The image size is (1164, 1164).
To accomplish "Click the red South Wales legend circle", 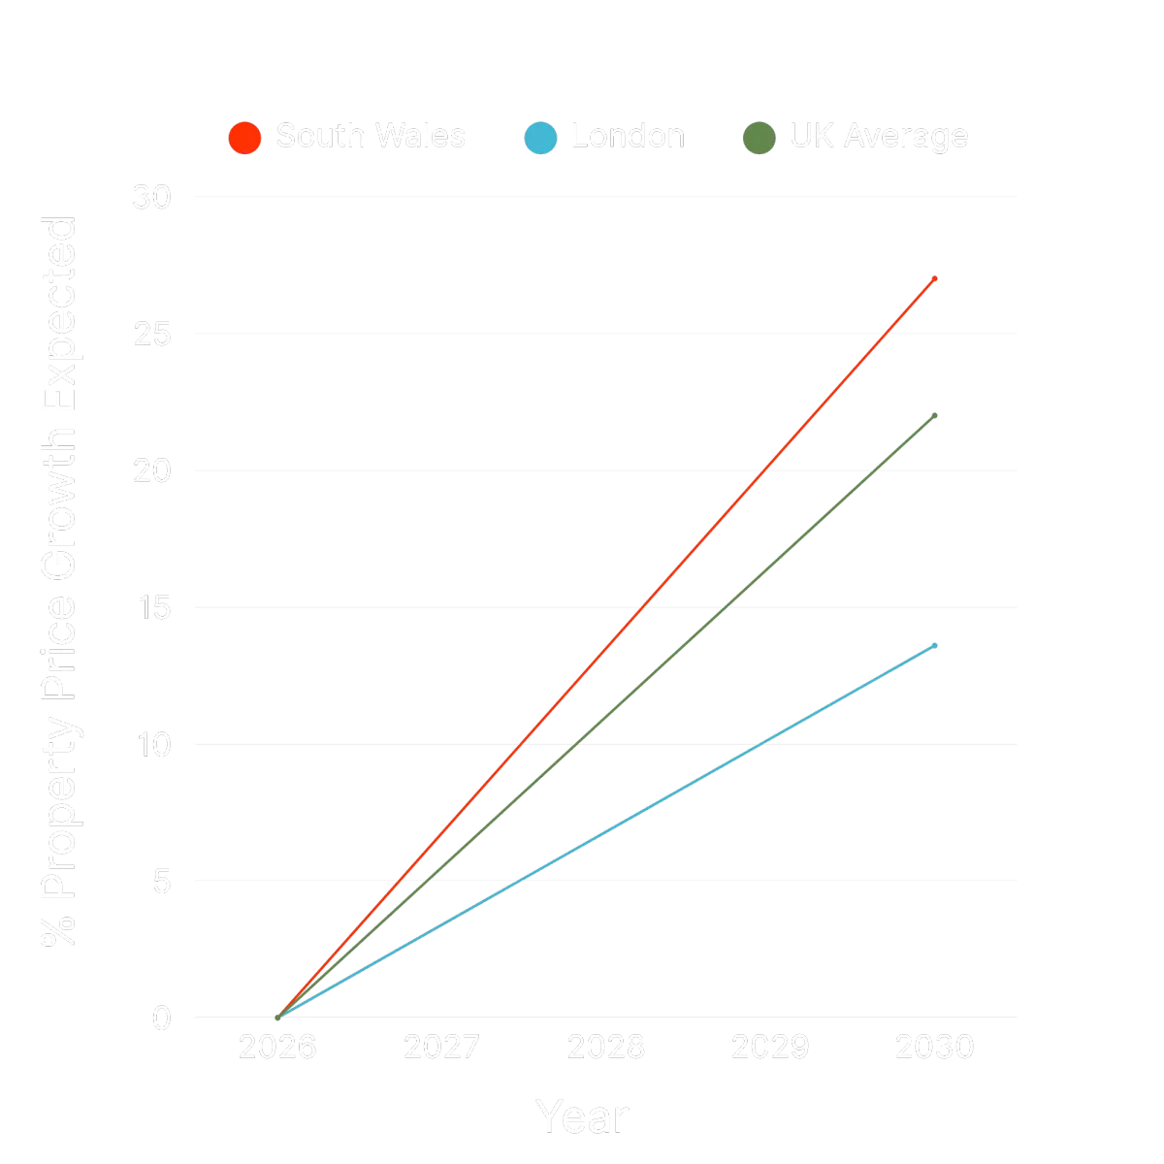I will (244, 137).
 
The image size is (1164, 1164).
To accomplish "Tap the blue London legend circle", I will (540, 137).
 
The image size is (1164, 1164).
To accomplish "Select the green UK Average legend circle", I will (759, 137).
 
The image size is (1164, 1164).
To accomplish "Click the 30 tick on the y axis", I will (151, 197).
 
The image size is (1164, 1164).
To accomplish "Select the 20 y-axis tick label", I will (151, 470).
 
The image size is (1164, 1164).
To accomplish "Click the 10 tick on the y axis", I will (151, 744).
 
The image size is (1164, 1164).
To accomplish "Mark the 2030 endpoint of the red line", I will (934, 278).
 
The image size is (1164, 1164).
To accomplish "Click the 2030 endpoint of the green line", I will (934, 415).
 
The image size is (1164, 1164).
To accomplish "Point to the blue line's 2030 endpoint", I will (934, 644).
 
